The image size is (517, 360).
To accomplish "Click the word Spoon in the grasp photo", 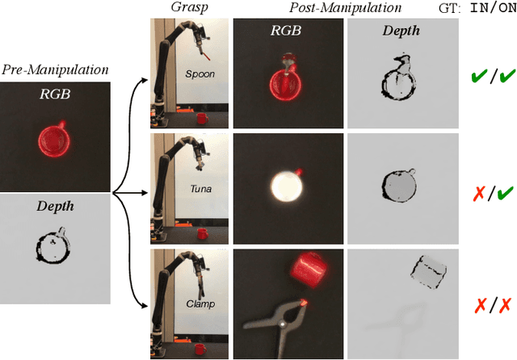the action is click(x=200, y=74).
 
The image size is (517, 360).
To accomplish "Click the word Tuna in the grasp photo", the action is click(x=201, y=189).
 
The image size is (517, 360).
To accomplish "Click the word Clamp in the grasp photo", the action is click(x=200, y=303).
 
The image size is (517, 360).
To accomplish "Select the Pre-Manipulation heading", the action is click(x=55, y=70).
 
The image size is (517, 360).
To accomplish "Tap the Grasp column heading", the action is click(x=189, y=7).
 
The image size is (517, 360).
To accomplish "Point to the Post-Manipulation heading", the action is click(x=345, y=7).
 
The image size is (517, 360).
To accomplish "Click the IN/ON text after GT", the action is click(x=494, y=8).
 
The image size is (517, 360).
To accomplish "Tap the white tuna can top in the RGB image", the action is click(x=287, y=186).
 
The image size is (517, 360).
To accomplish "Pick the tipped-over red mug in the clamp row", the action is click(x=309, y=270).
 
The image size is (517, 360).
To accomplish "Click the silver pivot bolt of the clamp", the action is click(x=282, y=324).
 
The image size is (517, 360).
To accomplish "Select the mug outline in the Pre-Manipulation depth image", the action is click(x=53, y=246).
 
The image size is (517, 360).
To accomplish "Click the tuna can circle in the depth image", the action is click(x=398, y=186).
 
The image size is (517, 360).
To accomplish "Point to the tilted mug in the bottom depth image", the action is click(x=429, y=272).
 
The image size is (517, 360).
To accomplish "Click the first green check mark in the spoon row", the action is click(x=479, y=76).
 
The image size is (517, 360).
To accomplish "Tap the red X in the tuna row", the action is click(x=479, y=193).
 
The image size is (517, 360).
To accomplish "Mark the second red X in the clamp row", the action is click(x=505, y=305).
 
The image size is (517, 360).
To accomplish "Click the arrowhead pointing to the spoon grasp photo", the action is click(x=145, y=80).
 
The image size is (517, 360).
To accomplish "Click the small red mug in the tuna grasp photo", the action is click(x=203, y=233).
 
